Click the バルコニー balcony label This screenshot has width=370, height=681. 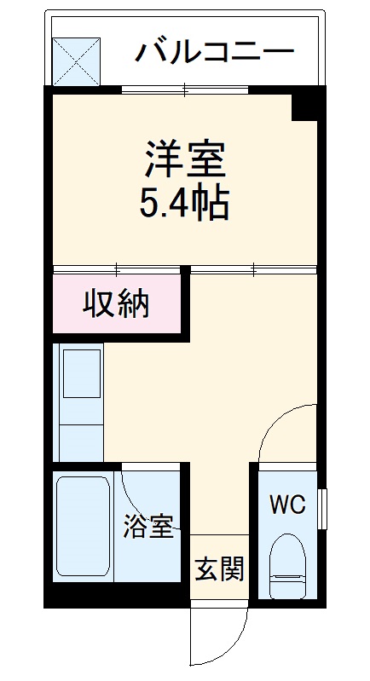click(x=214, y=53)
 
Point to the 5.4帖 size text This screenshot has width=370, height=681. click(x=183, y=204)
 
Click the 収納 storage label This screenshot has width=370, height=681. click(x=116, y=303)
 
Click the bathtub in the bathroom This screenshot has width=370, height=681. click(x=84, y=528)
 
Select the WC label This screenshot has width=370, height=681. click(x=286, y=505)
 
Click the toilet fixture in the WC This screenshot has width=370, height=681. click(x=287, y=566)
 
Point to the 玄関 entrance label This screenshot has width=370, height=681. click(x=219, y=568)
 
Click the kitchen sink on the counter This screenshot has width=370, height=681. click(x=80, y=375)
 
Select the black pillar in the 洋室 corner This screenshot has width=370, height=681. click(x=307, y=106)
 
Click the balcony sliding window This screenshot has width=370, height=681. click(x=184, y=89)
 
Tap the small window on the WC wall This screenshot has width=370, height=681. click(x=322, y=509)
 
